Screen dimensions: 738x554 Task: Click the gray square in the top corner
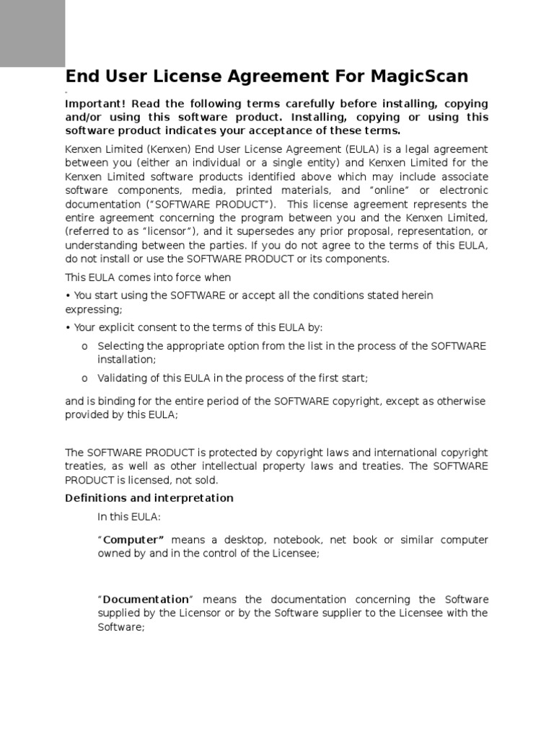click(x=32, y=33)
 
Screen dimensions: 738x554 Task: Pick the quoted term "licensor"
click(x=167, y=231)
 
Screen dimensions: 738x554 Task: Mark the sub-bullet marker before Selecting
click(x=84, y=347)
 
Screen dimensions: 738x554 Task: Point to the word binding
click(x=118, y=401)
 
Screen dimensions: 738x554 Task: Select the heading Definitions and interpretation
click(x=149, y=498)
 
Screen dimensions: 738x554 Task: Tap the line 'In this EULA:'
click(x=129, y=516)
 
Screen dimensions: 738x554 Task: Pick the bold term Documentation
click(x=145, y=600)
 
